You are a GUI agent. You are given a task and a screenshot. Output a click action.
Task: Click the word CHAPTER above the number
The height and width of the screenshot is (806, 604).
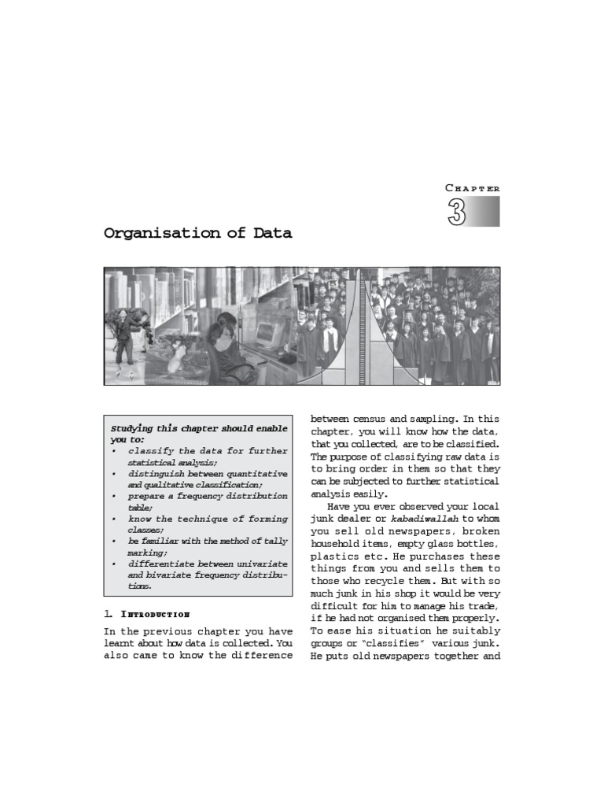[x=472, y=188]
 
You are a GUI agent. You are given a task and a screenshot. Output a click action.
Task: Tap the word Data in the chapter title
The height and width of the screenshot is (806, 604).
[x=273, y=233]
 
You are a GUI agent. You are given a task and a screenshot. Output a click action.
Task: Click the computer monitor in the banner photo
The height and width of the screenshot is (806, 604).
[x=267, y=332]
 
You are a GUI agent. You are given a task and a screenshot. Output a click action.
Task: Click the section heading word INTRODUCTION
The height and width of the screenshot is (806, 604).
[x=155, y=614]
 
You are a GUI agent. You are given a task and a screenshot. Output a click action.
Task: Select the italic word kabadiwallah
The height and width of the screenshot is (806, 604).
[x=424, y=519]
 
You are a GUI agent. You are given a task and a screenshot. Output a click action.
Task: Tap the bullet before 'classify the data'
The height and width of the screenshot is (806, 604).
[x=115, y=452]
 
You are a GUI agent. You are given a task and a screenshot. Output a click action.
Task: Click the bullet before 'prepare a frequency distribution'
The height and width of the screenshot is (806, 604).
[x=115, y=497]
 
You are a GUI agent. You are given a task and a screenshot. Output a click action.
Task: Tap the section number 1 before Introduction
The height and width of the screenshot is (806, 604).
[x=107, y=614]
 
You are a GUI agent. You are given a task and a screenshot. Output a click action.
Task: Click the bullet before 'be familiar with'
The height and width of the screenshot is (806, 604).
[x=115, y=542]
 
